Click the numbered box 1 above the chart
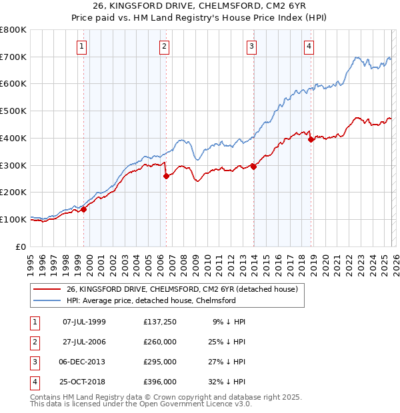[x=81, y=46]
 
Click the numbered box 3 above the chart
[x=251, y=46]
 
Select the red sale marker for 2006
[x=166, y=176]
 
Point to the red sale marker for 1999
[x=84, y=209]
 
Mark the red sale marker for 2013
[x=253, y=167]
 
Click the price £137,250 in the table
[x=159, y=322]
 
